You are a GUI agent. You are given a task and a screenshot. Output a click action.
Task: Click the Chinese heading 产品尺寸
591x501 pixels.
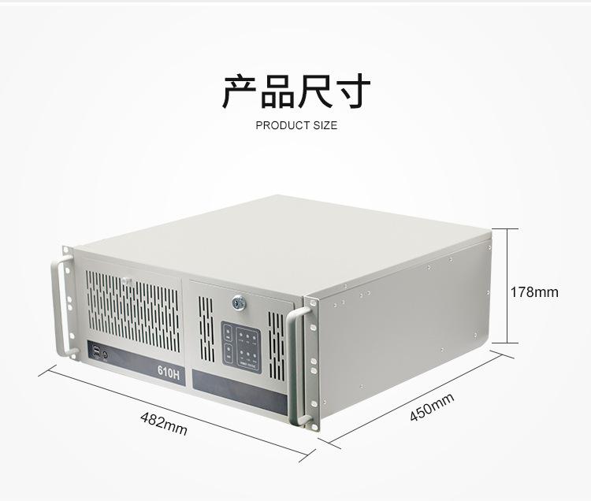click(295, 91)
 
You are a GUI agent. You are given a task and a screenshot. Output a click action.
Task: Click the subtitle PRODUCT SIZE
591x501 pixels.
click(296, 125)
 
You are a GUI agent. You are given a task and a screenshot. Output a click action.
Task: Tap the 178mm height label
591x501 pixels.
click(534, 292)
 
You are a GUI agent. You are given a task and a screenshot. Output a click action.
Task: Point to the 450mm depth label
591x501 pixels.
click(431, 406)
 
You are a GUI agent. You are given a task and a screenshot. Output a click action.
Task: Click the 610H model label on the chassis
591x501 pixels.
click(169, 373)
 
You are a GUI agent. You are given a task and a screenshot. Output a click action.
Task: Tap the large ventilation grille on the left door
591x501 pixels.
click(132, 310)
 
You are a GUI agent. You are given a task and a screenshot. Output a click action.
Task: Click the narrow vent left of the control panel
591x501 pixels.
click(206, 328)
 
